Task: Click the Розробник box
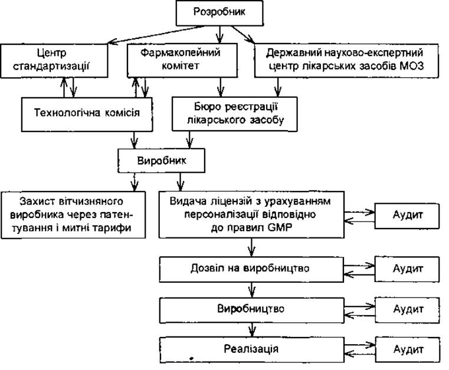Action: [x=219, y=13]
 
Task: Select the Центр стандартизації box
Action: [x=54, y=60]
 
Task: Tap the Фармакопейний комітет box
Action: [x=182, y=60]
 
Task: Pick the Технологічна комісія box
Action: [x=87, y=114]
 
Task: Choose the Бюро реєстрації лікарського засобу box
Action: [x=234, y=114]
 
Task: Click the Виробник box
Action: [x=161, y=160]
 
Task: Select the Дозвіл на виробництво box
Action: [x=251, y=269]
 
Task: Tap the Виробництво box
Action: [x=252, y=310]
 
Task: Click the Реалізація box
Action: [x=252, y=350]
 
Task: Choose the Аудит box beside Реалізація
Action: [x=407, y=350]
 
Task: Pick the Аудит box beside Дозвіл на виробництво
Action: [x=407, y=269]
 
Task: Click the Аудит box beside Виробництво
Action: [x=407, y=310]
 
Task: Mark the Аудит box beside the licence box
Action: [x=407, y=216]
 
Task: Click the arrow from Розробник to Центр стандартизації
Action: [x=156, y=35]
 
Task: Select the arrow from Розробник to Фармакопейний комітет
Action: [x=219, y=34]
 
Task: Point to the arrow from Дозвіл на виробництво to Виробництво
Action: [x=251, y=290]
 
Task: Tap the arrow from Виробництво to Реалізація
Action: [x=252, y=331]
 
